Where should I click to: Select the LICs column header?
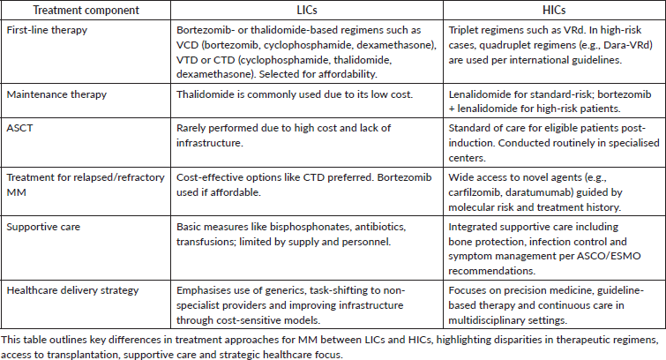[x=287, y=10]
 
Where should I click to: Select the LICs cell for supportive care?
[x=288, y=232]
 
